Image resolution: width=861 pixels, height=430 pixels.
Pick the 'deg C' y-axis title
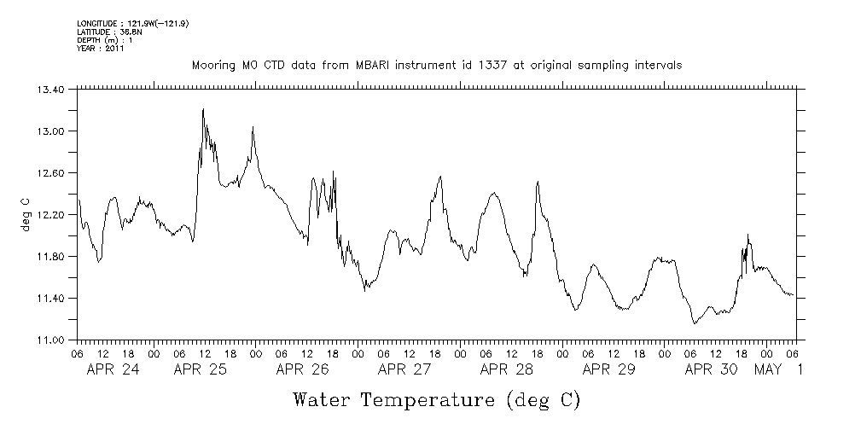26,214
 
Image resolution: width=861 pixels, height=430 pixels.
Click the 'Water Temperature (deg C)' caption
437,399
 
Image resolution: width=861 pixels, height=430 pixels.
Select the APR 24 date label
113,370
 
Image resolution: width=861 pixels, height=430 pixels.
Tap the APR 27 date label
404,370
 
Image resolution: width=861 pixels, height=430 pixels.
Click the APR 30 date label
711,370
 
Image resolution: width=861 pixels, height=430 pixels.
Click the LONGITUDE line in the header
132,24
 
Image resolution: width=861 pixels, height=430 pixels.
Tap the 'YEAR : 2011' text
101,49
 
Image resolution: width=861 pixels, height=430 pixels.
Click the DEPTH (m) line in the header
104,40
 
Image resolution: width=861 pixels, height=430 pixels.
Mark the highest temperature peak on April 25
203,109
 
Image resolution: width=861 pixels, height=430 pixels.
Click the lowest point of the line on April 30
695,324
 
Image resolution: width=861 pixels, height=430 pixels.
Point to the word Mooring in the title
211,66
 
